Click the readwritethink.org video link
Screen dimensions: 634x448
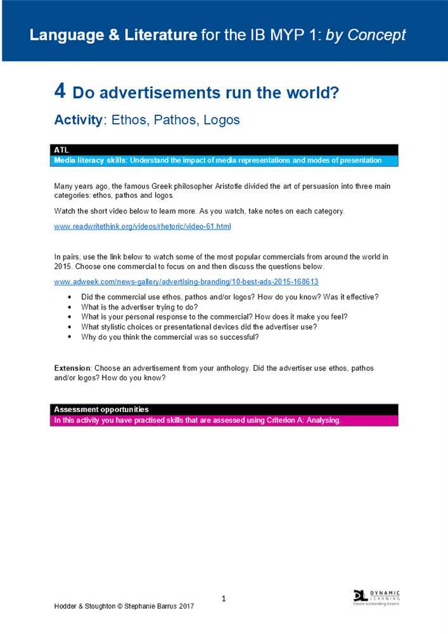coord(143,226)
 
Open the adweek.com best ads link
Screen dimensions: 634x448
coord(186,281)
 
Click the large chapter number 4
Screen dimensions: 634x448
coord(60,92)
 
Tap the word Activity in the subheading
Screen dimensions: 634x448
coord(78,120)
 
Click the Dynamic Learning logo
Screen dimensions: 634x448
coord(376,597)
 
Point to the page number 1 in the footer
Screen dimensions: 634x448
coord(224,598)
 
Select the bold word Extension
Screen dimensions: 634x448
coord(73,368)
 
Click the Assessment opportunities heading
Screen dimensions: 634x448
coord(101,410)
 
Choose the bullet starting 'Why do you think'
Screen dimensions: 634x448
coord(170,337)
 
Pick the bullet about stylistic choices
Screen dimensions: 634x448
coord(199,327)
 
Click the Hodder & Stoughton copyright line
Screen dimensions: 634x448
coord(124,606)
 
